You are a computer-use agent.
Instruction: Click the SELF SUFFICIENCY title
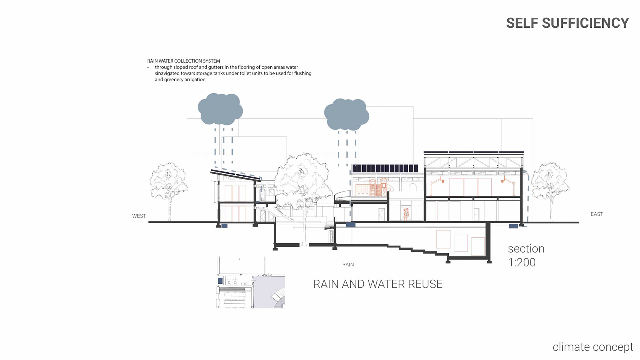pos(567,23)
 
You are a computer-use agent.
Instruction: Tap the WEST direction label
pos(139,216)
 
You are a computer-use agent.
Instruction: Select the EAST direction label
pos(596,214)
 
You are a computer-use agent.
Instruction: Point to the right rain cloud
pos(346,114)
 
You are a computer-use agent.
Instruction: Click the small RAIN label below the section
pos(348,265)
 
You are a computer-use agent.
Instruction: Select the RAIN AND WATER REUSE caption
pos(378,284)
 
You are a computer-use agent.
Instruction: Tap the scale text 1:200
pos(522,262)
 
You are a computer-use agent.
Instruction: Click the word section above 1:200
pos(526,249)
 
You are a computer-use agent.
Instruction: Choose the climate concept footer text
pos(593,347)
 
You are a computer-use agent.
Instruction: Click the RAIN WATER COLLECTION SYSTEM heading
pos(183,61)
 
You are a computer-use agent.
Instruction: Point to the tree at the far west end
pos(169,187)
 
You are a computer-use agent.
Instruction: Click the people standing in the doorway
pos(406,214)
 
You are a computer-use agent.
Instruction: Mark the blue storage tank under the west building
pos(224,226)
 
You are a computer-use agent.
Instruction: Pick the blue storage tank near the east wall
pos(513,226)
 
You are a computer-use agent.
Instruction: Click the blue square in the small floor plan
pos(220,281)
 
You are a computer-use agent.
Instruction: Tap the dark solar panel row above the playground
pos(385,168)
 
